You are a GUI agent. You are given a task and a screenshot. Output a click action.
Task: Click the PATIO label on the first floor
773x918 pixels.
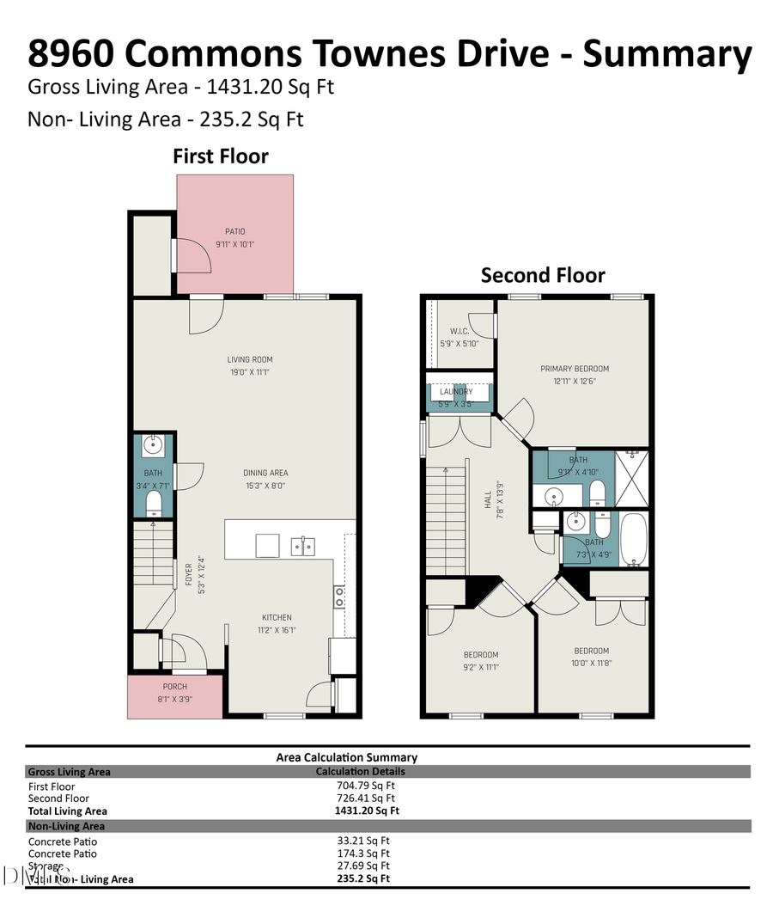point(235,231)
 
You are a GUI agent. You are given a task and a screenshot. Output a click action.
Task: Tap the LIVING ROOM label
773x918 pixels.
point(250,359)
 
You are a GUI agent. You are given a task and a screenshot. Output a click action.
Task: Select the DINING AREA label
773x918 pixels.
point(265,473)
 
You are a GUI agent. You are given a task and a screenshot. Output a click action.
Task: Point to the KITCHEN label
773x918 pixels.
point(277,617)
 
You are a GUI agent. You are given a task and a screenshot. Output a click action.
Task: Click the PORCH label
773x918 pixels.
point(175,687)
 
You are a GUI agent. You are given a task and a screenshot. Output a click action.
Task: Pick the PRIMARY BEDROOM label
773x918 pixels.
point(575,369)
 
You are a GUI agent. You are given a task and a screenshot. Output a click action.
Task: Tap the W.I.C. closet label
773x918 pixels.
point(460,331)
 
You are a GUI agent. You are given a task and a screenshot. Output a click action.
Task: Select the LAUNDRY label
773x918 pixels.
point(457,392)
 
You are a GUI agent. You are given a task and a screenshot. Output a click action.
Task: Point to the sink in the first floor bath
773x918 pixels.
point(154,444)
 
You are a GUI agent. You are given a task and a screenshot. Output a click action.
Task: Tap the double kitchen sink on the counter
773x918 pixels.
point(302,545)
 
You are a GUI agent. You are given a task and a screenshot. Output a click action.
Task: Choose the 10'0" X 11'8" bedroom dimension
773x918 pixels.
point(592,663)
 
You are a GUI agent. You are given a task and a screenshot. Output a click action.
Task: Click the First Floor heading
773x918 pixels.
point(221,156)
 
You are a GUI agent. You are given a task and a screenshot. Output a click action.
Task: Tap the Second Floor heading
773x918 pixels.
point(543,275)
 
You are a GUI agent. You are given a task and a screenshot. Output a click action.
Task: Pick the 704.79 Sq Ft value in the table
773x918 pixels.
point(366,786)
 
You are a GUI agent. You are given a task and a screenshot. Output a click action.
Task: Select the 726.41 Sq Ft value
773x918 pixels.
point(366,798)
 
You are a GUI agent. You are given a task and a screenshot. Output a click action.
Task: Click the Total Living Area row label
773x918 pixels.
point(68,811)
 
